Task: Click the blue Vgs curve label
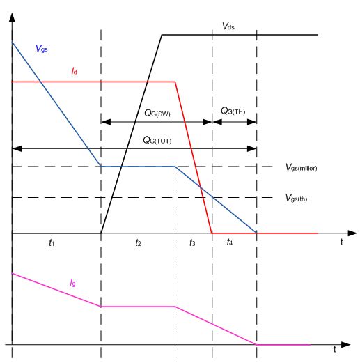(42, 49)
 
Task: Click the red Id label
(75, 71)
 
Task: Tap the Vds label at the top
(228, 26)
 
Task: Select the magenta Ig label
(72, 283)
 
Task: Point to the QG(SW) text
(157, 114)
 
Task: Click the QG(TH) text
(233, 111)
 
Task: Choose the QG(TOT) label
(157, 140)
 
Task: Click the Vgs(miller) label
(301, 167)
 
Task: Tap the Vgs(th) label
(296, 199)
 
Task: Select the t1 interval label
(52, 242)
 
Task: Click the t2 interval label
(138, 242)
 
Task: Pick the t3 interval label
(192, 242)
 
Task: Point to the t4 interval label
(229, 242)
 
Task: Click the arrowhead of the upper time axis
(352, 233)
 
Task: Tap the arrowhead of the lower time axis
(346, 345)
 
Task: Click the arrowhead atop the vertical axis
(12, 17)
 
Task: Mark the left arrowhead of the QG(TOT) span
(17, 148)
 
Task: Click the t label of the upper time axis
(342, 242)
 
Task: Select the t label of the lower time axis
(335, 349)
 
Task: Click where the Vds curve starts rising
(101, 233)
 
